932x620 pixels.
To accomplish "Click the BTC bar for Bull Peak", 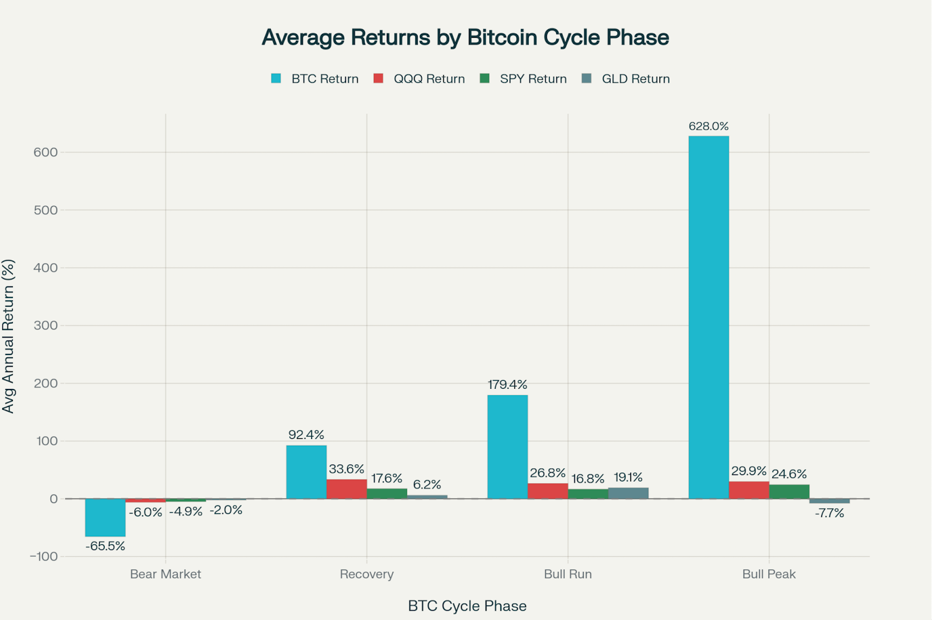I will tap(708, 317).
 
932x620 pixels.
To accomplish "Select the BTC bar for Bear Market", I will tap(105, 518).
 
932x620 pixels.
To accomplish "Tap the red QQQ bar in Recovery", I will tap(347, 489).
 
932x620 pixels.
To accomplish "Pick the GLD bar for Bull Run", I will tap(628, 493).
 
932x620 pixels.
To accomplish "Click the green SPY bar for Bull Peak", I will tap(789, 491).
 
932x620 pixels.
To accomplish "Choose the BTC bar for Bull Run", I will tap(507, 447).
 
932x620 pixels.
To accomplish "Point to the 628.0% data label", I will tap(708, 126).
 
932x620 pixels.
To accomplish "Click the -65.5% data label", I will tap(105, 546).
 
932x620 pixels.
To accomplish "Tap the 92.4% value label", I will tap(306, 435).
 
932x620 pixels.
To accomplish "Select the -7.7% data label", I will tap(829, 513).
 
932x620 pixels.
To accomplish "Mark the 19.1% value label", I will tap(628, 477).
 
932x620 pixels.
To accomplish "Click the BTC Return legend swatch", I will tap(276, 79).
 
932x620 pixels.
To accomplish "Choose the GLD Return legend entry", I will tap(636, 79).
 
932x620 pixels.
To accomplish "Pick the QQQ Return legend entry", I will tap(429, 79).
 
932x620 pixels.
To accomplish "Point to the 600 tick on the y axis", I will tap(46, 153).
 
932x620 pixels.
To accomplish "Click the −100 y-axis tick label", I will tap(44, 557).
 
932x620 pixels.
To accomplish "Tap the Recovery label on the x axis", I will tap(367, 574).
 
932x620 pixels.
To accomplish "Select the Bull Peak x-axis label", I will tap(769, 574).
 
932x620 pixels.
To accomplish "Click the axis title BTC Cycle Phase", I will tap(467, 606).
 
